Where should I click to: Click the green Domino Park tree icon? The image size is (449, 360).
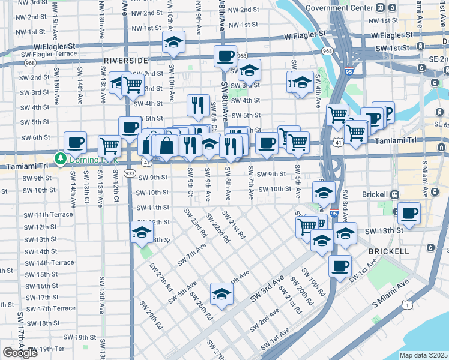(60, 159)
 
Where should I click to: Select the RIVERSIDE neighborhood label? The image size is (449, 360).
(125, 61)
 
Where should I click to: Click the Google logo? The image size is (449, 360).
(20, 352)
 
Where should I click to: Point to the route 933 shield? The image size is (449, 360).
(129, 172)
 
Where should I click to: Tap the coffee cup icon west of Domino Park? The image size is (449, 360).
(76, 142)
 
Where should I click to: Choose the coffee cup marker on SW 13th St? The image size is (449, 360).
(409, 213)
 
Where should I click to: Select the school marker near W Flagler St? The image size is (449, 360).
(173, 42)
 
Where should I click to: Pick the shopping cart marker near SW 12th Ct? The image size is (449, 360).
(109, 145)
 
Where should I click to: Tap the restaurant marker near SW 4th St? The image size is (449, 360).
(197, 106)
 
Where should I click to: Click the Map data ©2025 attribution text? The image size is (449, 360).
(423, 355)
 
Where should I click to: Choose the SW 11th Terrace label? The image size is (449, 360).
(49, 215)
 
